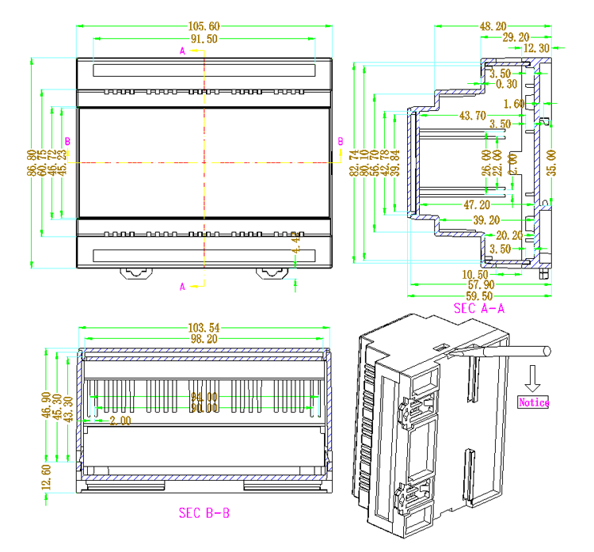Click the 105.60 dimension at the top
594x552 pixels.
204,26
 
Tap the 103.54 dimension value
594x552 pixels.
204,326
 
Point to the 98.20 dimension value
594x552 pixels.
204,338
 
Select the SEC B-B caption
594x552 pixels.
204,512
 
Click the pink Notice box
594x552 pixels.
533,402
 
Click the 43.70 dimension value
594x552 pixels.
473,116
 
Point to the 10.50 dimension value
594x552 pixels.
475,272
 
